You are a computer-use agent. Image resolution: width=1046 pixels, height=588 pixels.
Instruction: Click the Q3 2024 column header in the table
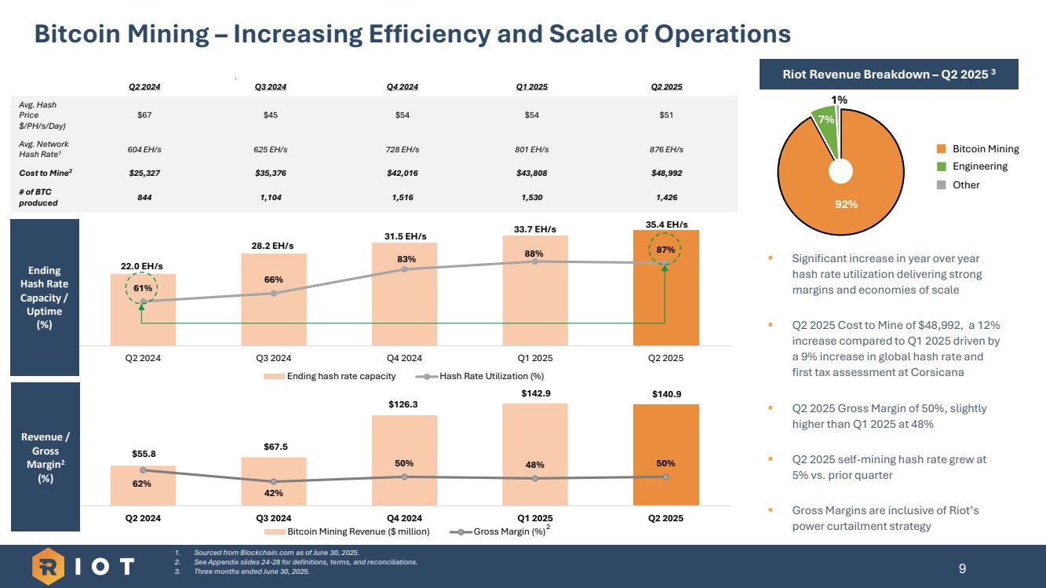(x=271, y=86)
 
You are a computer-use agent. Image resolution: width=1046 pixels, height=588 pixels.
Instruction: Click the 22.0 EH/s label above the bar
(x=141, y=266)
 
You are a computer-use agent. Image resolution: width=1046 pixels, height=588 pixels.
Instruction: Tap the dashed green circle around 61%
(x=141, y=288)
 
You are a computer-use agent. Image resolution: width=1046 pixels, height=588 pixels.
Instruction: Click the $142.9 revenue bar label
(x=535, y=392)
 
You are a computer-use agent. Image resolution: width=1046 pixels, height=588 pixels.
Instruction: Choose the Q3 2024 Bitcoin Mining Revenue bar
(x=273, y=482)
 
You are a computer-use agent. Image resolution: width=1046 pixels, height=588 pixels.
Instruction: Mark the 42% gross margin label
(x=273, y=493)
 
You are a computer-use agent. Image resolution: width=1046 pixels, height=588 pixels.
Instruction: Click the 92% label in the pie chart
(x=846, y=204)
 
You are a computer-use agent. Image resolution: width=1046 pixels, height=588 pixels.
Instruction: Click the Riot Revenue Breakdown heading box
(x=889, y=75)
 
